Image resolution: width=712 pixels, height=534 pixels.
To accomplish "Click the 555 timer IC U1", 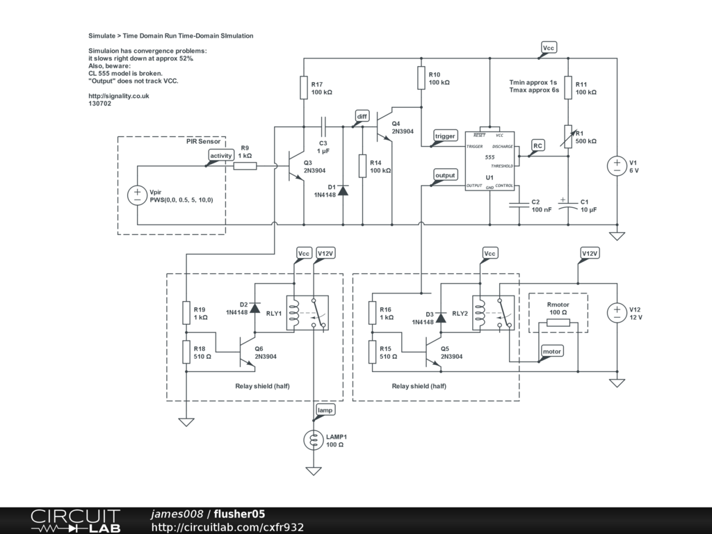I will coord(489,161).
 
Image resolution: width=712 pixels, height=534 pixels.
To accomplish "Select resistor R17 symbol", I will coord(304,88).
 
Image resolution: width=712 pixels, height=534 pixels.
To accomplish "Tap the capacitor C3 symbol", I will coord(323,127).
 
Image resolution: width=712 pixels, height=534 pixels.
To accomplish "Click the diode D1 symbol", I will coord(343,190).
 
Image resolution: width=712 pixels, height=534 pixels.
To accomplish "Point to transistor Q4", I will coord(384,127).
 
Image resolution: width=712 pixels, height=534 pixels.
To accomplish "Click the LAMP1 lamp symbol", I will coord(314,440).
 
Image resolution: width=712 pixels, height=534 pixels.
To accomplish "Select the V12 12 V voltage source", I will coord(616,313).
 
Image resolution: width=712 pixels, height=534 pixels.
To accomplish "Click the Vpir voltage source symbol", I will coord(137,195).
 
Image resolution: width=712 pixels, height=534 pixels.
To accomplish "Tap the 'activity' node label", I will coord(220,156).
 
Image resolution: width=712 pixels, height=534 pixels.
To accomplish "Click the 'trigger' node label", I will coord(444,136).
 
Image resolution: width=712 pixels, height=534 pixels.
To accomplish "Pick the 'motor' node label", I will coord(551,352).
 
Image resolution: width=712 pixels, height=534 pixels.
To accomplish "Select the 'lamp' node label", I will coord(325,410).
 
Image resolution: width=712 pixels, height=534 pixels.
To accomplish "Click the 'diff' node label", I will coord(362,116).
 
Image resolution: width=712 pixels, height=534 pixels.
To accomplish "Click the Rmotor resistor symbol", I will coord(558,323).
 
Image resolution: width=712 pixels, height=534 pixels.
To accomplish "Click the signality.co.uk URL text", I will coord(119,96).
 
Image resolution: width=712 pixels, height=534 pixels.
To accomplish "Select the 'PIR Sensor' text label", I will coord(203,141).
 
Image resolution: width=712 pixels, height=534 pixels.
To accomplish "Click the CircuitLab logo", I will coord(75,521).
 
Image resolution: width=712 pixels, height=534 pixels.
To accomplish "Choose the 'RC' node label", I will coord(537,145).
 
